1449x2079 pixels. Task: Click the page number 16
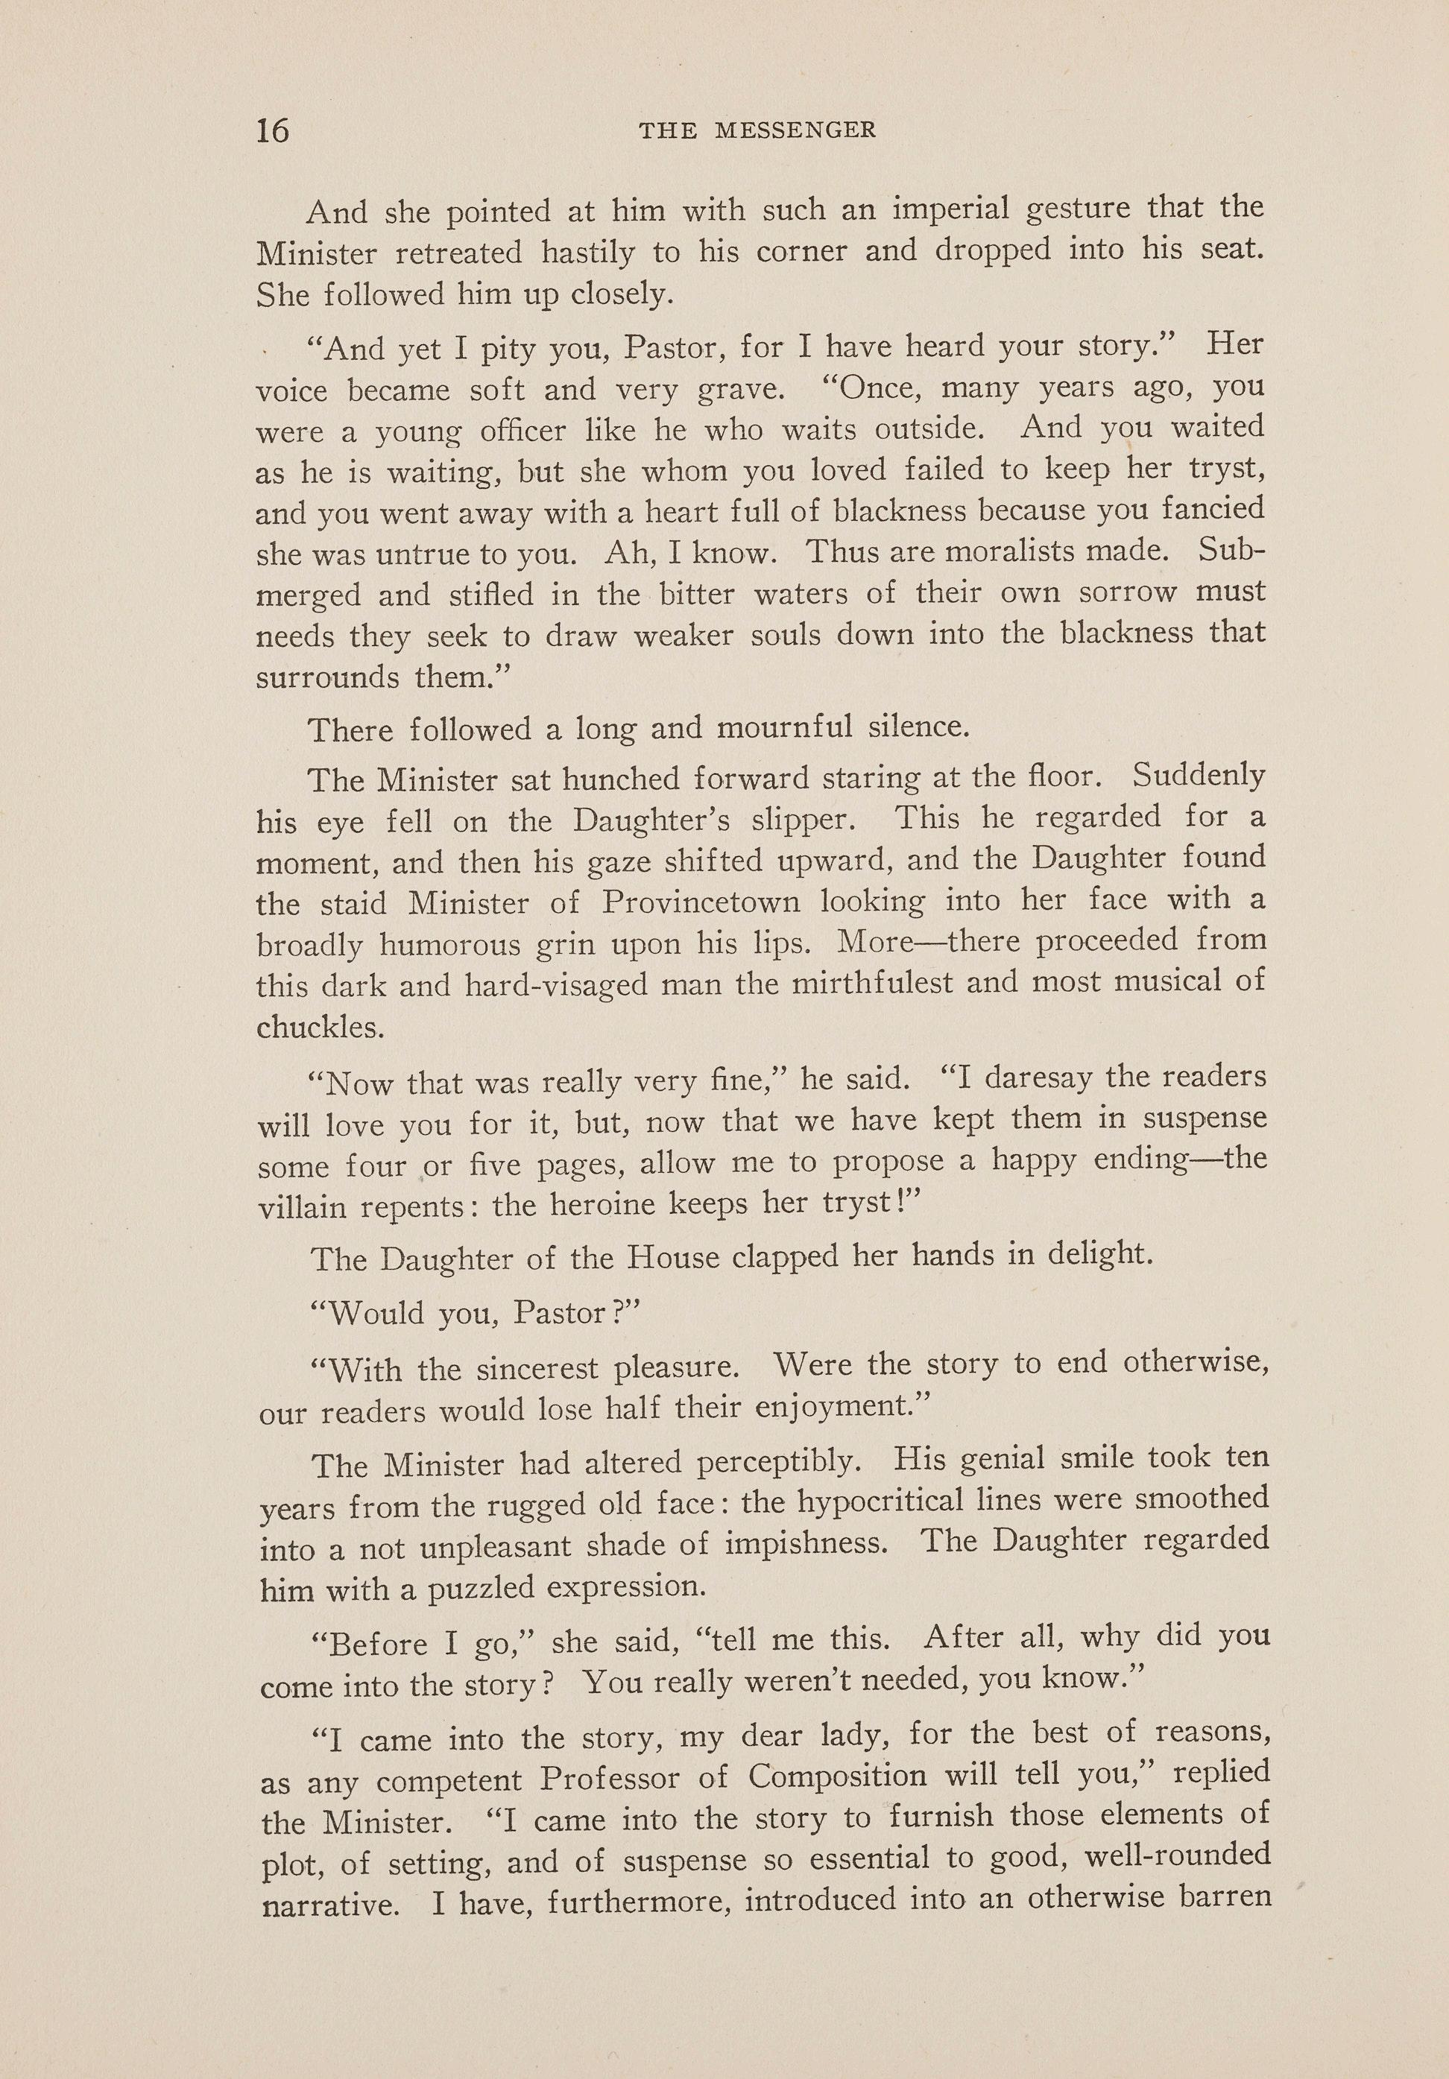(x=273, y=130)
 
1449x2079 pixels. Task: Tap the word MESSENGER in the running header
(x=795, y=130)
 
